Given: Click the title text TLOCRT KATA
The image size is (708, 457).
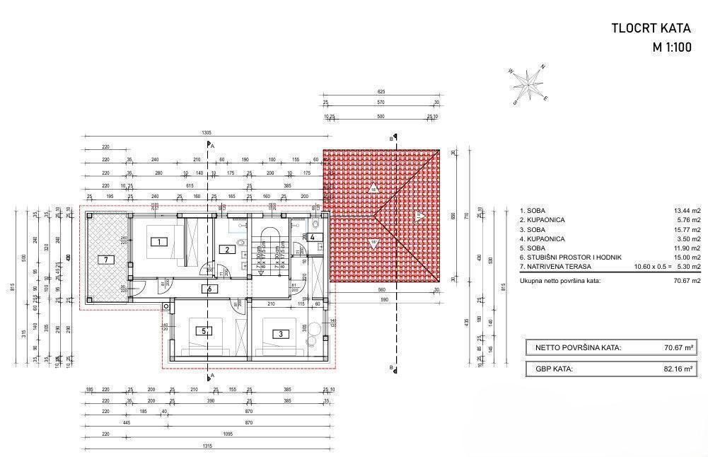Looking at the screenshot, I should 651,29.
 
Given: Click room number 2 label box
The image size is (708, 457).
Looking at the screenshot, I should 227,249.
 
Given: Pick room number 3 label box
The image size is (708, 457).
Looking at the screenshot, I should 280,334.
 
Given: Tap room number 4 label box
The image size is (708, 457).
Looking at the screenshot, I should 313,237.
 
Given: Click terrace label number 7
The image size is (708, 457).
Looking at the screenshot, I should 107,260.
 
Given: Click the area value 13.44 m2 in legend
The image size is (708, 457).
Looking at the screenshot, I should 687,211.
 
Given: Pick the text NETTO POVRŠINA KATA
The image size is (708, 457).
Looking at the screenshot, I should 578,347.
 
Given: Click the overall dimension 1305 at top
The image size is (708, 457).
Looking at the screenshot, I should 207,133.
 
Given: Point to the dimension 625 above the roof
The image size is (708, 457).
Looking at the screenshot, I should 381,92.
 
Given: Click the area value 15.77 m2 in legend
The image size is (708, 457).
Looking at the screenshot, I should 687,229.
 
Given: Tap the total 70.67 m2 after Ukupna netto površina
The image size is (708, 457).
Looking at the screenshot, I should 687,281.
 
